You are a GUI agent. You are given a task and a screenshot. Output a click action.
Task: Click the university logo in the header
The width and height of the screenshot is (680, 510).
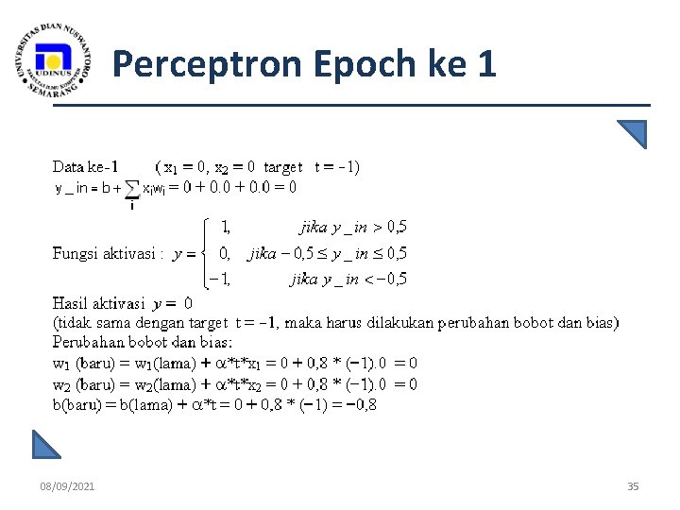54,60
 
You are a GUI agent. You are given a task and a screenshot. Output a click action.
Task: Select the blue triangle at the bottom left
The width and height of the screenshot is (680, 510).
45,444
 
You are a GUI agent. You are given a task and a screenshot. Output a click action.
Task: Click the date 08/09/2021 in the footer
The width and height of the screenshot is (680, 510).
67,486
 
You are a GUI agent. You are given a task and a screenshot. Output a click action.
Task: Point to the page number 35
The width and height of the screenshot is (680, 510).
633,486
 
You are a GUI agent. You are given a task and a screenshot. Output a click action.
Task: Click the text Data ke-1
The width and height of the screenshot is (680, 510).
85,167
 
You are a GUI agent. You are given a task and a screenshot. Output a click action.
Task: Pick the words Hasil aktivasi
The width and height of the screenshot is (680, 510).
98,303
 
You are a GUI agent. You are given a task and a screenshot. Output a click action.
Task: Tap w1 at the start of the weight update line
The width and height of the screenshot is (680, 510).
61,364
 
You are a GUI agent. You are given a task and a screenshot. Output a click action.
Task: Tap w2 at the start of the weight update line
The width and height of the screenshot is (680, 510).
61,384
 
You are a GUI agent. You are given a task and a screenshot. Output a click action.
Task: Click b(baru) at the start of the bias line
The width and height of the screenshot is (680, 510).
79,404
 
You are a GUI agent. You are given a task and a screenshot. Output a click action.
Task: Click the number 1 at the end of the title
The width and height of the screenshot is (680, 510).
486,64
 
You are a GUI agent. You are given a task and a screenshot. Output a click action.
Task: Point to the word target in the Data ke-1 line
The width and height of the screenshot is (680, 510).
283,167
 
